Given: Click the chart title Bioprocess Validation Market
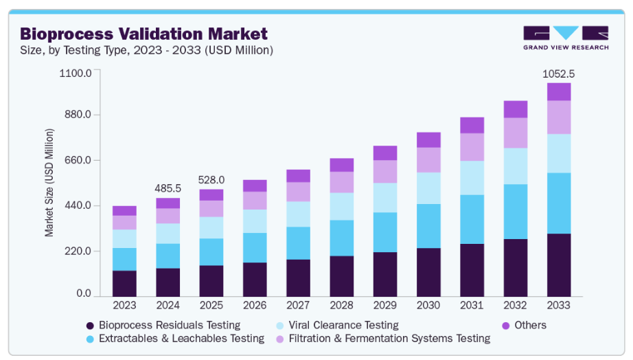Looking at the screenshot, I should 143,34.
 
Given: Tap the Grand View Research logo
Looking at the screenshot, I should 566,38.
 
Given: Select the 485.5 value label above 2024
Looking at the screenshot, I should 168,188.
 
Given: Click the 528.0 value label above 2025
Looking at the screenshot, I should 211,179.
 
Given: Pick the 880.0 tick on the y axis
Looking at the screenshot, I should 77,115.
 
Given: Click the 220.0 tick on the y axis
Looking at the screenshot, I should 77,251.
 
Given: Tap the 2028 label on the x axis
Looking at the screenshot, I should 341,304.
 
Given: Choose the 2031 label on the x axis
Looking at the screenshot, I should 472,304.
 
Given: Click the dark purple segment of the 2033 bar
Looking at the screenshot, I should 559,265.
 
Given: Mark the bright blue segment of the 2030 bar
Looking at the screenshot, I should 428,226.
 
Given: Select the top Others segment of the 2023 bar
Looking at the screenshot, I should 124,211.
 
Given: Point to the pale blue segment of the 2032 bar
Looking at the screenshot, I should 516,166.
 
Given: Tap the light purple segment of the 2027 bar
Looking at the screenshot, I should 298,192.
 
